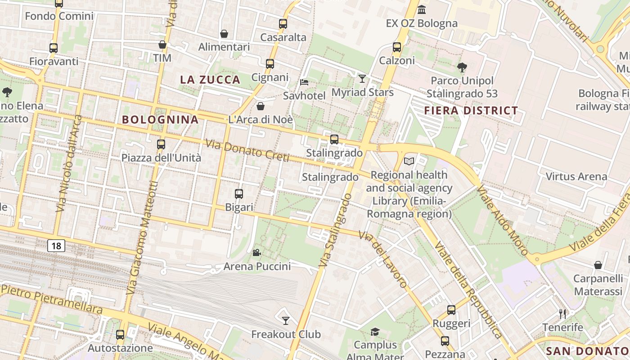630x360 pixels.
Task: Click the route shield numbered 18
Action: click(56, 246)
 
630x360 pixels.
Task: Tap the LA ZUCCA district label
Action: click(210, 80)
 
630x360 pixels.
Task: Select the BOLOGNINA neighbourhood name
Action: click(160, 119)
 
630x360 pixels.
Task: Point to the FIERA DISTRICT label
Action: click(471, 110)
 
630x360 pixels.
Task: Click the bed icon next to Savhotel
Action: click(304, 82)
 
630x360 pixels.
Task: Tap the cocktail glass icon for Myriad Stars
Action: click(362, 79)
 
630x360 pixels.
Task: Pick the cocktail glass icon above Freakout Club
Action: click(286, 320)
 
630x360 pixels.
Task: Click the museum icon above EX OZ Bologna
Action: click(422, 9)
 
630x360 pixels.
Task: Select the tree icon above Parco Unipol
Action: click(462, 67)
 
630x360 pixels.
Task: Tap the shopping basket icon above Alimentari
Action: click(224, 34)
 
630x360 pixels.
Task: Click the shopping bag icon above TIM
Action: click(162, 45)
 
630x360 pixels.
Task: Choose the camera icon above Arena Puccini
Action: click(256, 253)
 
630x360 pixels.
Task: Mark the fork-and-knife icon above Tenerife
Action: click(562, 314)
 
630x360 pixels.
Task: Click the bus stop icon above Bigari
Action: click(239, 194)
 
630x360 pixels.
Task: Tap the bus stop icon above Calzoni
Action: click(396, 47)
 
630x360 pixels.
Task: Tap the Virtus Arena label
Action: click(576, 176)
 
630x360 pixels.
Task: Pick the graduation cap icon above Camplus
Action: click(375, 332)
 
